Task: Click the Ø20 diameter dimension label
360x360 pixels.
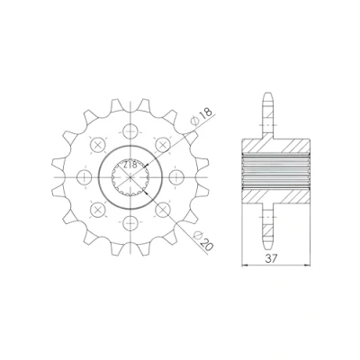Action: click(203, 241)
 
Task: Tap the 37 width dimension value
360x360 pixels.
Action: click(271, 258)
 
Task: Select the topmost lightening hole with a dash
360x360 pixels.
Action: click(131, 131)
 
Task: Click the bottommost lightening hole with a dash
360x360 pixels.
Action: click(131, 223)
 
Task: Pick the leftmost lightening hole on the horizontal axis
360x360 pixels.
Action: click(85, 177)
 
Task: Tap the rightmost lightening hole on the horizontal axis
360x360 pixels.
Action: click(176, 177)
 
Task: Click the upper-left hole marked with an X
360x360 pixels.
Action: click(98, 145)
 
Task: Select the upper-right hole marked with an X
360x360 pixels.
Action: click(163, 145)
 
